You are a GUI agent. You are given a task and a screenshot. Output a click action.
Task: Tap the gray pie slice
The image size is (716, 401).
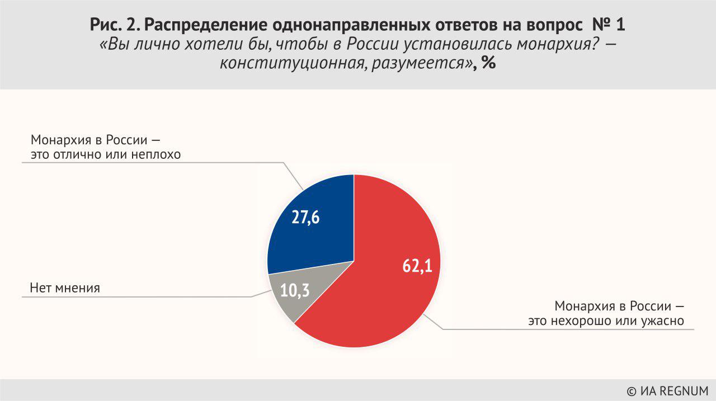point(282,299)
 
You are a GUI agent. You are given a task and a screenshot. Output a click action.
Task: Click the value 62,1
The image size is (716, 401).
point(417,266)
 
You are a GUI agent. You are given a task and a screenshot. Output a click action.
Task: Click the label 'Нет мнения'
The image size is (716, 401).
point(64,289)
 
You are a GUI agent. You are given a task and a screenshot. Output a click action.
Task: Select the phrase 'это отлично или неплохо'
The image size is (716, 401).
point(106,154)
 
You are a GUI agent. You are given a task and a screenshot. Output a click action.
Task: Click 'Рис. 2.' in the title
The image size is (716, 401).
point(115,26)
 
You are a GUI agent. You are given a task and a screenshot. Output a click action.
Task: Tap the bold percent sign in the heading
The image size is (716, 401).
point(488,63)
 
